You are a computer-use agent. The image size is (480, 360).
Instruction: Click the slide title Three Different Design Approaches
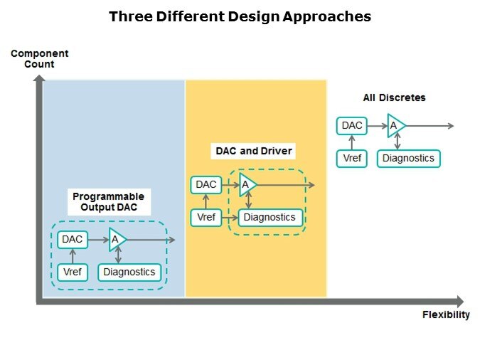(x=240, y=16)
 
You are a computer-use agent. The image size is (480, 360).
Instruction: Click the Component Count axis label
(x=39, y=58)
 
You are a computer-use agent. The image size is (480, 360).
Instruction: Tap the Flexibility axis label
(x=446, y=314)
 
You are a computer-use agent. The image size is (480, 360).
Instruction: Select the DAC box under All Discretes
(x=352, y=126)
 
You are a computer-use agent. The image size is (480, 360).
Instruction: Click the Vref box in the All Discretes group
(x=352, y=158)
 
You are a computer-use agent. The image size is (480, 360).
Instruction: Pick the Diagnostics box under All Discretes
(x=408, y=158)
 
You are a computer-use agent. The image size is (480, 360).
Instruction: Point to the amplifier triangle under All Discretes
(x=395, y=126)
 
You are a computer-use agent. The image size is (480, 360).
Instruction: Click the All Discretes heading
(x=394, y=97)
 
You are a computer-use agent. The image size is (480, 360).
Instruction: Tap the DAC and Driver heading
(x=254, y=151)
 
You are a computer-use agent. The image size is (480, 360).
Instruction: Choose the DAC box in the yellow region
(x=206, y=185)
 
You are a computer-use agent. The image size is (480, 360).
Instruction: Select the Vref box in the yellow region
(x=206, y=217)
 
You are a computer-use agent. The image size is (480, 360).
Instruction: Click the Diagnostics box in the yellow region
(x=270, y=217)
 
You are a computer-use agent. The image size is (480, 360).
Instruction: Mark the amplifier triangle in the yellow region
(x=247, y=185)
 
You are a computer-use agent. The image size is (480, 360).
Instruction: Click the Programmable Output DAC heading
(x=108, y=201)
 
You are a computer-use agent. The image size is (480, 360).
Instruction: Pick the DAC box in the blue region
(x=73, y=240)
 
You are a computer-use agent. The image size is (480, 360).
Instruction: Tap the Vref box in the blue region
(x=73, y=272)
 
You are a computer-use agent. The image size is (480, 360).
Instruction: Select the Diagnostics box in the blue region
(x=129, y=272)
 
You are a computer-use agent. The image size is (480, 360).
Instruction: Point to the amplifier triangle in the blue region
(x=117, y=240)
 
